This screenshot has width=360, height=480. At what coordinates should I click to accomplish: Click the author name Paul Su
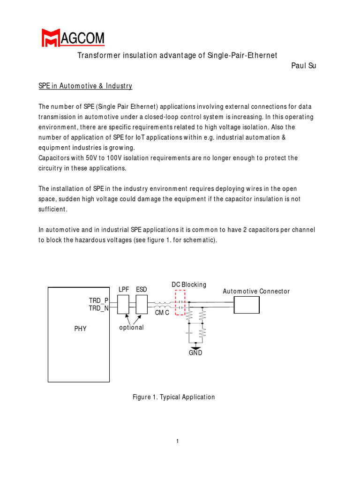[x=304, y=66]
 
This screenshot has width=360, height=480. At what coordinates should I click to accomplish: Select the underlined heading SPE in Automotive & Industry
[x=85, y=86]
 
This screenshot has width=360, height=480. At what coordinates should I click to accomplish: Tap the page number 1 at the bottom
[x=178, y=441]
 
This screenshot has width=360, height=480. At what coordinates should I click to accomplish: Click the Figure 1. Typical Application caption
[x=173, y=397]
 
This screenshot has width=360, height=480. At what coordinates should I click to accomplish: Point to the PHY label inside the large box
[x=81, y=329]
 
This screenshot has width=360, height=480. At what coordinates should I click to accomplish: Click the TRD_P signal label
[x=98, y=300]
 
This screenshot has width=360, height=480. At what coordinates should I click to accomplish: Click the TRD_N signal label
[x=98, y=308]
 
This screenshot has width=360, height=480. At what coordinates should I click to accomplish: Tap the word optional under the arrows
[x=131, y=328]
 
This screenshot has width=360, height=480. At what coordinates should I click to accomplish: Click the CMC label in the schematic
[x=162, y=313]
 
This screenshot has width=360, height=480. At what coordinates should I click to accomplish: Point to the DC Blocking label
[x=189, y=285]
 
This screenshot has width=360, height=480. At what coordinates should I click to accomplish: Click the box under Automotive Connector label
[x=247, y=305]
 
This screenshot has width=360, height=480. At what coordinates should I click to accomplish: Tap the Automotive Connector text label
[x=256, y=292]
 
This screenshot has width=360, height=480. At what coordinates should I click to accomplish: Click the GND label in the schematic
[x=195, y=352]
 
